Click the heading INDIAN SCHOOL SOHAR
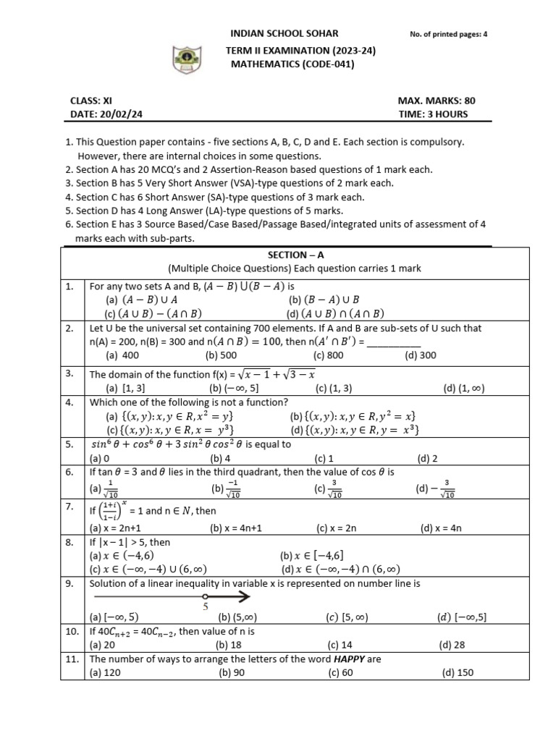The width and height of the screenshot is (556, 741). coord(284,34)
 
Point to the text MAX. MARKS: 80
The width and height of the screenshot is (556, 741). coord(437,101)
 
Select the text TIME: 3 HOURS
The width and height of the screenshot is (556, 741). coord(433,114)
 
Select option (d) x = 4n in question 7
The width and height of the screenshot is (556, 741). coord(439,528)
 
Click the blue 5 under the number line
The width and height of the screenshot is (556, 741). coord(206,608)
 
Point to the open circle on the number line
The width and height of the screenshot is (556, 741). coord(206,597)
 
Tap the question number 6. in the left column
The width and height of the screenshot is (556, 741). coord(70,472)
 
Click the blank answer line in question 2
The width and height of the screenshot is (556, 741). coord(394,342)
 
